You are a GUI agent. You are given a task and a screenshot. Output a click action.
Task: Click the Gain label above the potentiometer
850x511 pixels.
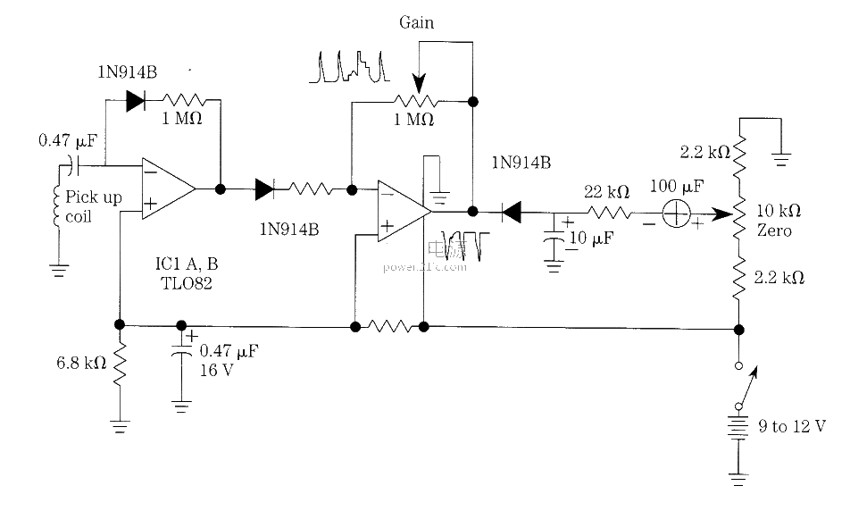[416, 23]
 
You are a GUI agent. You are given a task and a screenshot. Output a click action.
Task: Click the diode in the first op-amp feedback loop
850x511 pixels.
[136, 100]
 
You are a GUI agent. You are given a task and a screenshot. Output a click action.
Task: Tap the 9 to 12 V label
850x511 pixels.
[792, 427]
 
